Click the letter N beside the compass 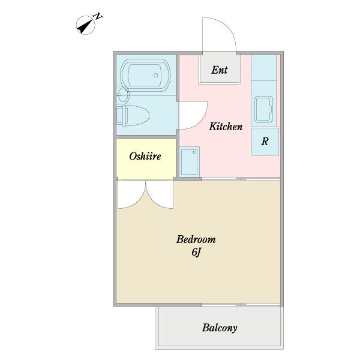pyautogui.click(x=98, y=17)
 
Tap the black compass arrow pyautogui.click(x=85, y=26)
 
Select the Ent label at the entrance pyautogui.click(x=219, y=70)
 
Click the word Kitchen pyautogui.click(x=226, y=127)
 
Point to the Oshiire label pyautogui.click(x=145, y=157)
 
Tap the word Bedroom pyautogui.click(x=196, y=239)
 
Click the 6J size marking pyautogui.click(x=196, y=253)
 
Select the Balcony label pyautogui.click(x=220, y=328)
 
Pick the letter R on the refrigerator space pyautogui.click(x=265, y=142)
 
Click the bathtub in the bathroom pyautogui.click(x=146, y=75)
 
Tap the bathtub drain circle pyautogui.click(x=155, y=76)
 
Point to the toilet pyautogui.click(x=133, y=115)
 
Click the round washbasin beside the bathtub pyautogui.click(x=123, y=95)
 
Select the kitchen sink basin pyautogui.click(x=264, y=110)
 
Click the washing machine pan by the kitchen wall pyautogui.click(x=189, y=161)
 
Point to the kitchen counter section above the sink pyautogui.click(x=263, y=67)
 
